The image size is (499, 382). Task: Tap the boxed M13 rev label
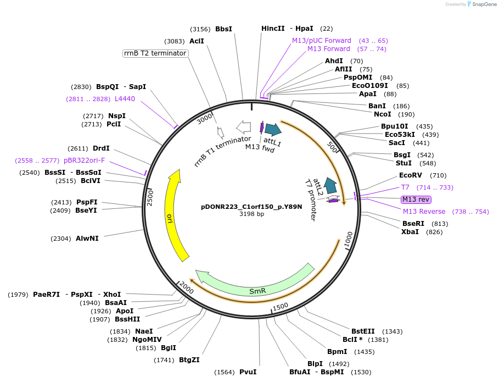click(x=416, y=200)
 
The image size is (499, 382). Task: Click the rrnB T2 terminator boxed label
click(x=155, y=53)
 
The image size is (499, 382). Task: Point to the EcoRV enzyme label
click(x=411, y=175)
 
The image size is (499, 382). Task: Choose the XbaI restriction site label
click(x=410, y=231)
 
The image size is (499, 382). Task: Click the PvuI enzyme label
click(x=248, y=372)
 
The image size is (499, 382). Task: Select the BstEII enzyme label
click(x=363, y=331)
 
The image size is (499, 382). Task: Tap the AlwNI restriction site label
click(x=87, y=239)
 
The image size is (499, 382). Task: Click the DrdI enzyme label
click(x=101, y=148)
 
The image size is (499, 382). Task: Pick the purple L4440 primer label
click(x=125, y=98)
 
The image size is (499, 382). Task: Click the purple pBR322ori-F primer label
click(x=84, y=160)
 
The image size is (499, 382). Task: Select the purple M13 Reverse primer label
click(x=424, y=212)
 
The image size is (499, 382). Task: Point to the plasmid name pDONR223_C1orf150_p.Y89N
click(x=251, y=207)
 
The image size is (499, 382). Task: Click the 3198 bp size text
click(x=251, y=214)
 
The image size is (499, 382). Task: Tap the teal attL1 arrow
click(x=273, y=130)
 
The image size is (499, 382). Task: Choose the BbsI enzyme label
click(x=223, y=29)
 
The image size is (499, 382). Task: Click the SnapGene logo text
click(x=485, y=4)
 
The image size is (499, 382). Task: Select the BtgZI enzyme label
click(x=189, y=360)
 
